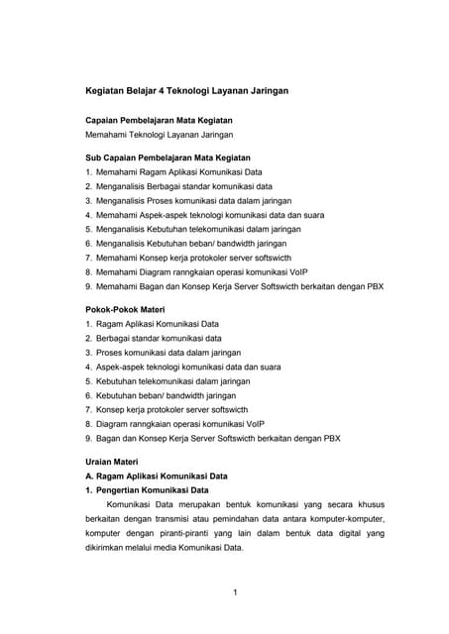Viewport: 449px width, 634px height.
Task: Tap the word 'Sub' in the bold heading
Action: [x=93, y=158]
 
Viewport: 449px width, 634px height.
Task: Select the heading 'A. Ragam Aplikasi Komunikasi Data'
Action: [x=157, y=475]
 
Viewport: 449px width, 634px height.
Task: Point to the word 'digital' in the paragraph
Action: [x=336, y=532]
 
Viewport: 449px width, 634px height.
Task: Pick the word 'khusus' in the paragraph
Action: [x=367, y=504]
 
